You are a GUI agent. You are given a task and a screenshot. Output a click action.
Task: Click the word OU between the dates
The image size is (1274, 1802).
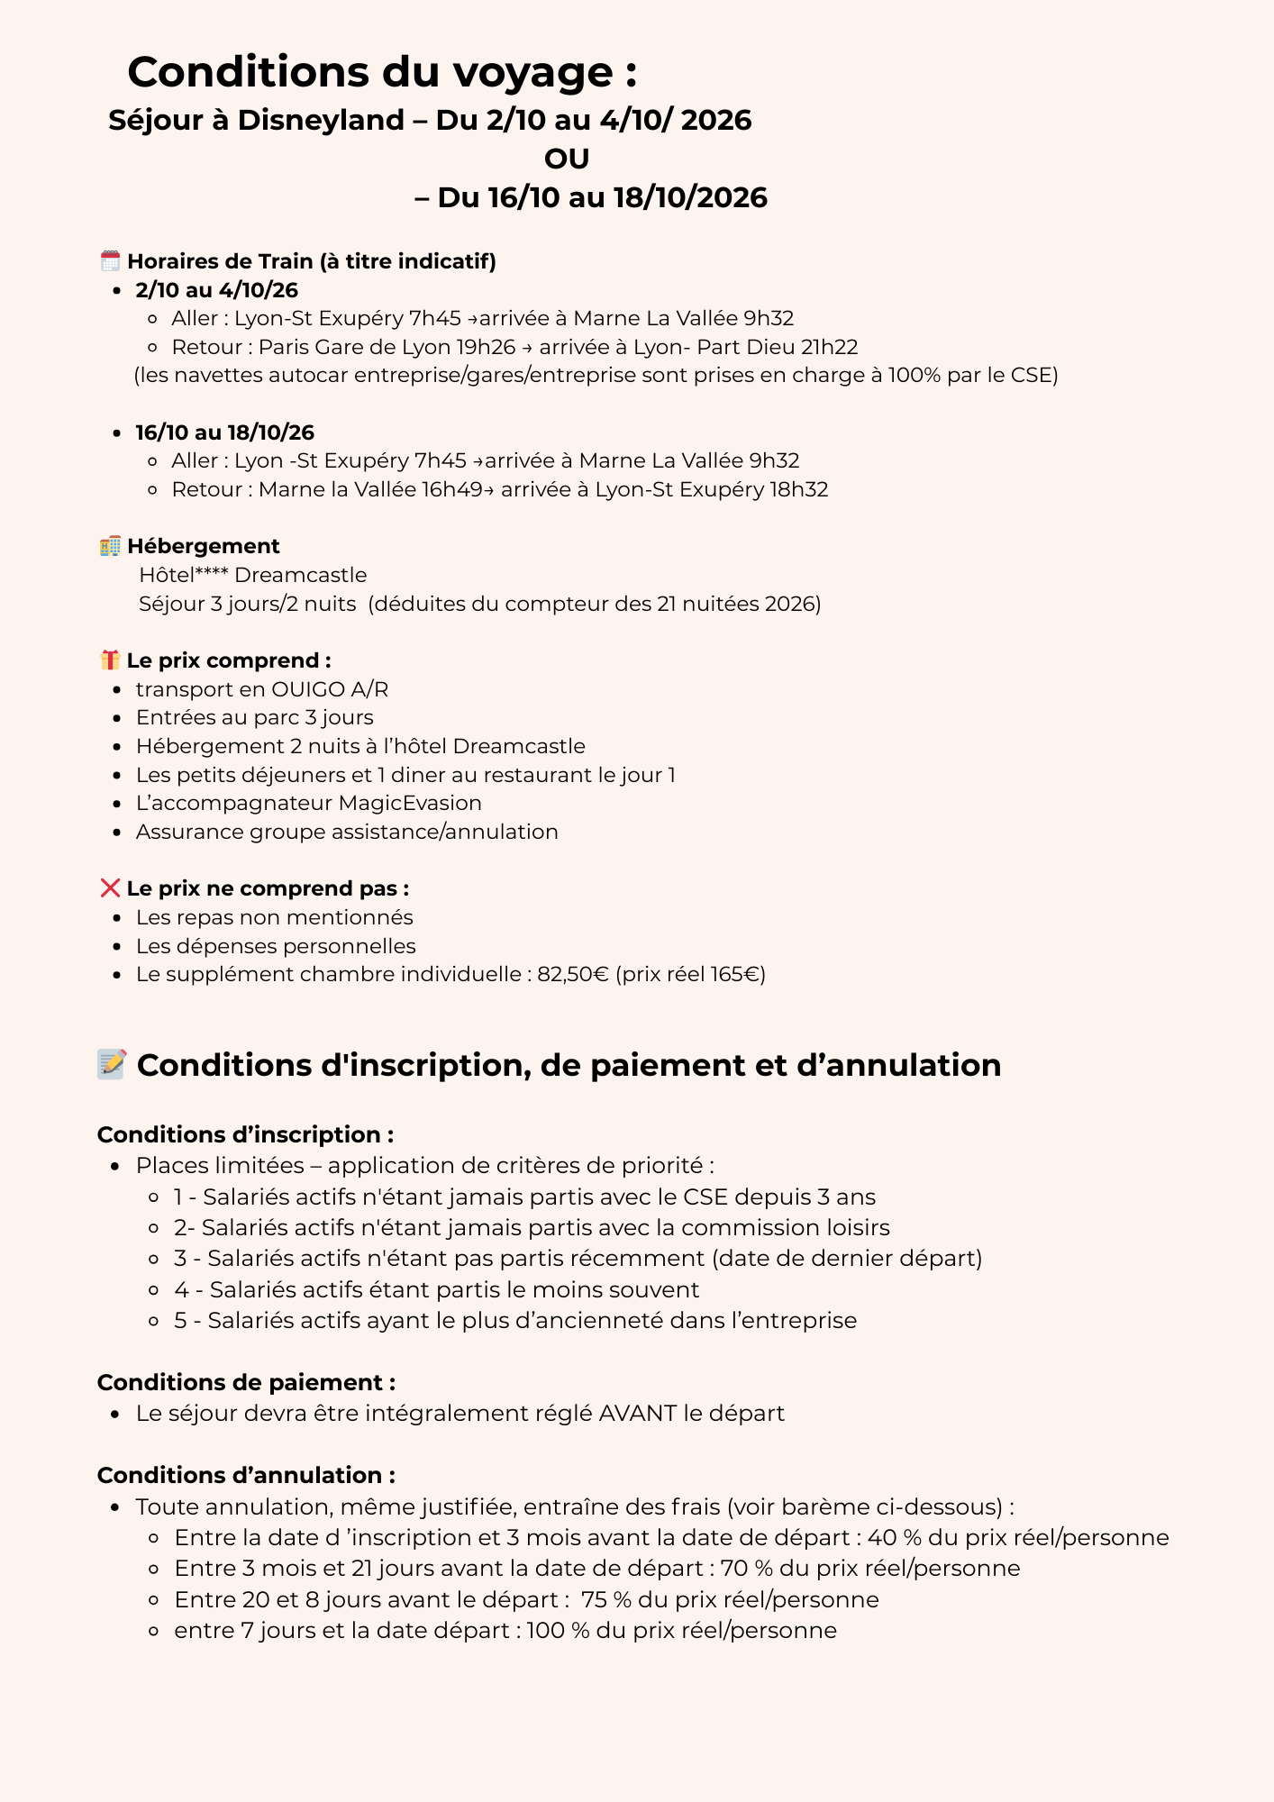[567, 159]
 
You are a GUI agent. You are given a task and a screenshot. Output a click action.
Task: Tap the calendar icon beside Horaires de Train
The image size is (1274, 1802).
[110, 261]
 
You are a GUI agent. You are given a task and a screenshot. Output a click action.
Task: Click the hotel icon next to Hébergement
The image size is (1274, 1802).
[110, 546]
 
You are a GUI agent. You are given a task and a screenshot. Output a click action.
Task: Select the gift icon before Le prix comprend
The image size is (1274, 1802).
[110, 660]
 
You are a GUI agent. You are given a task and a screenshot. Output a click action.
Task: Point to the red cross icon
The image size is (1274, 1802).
[110, 888]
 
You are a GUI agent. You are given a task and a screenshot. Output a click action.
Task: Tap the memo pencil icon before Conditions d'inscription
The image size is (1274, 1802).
[112, 1064]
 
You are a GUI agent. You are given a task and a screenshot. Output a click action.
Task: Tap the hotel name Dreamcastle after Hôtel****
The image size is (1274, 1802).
[301, 575]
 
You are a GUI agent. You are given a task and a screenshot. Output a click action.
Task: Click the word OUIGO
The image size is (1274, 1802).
[308, 689]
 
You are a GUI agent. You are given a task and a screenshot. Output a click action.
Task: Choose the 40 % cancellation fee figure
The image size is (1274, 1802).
[895, 1537]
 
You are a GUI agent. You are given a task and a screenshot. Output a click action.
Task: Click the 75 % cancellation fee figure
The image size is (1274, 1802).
[605, 1599]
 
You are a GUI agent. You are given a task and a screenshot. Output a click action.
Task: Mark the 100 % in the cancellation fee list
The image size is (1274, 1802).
[558, 1630]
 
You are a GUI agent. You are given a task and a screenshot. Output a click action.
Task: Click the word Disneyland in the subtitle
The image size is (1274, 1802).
[321, 120]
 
